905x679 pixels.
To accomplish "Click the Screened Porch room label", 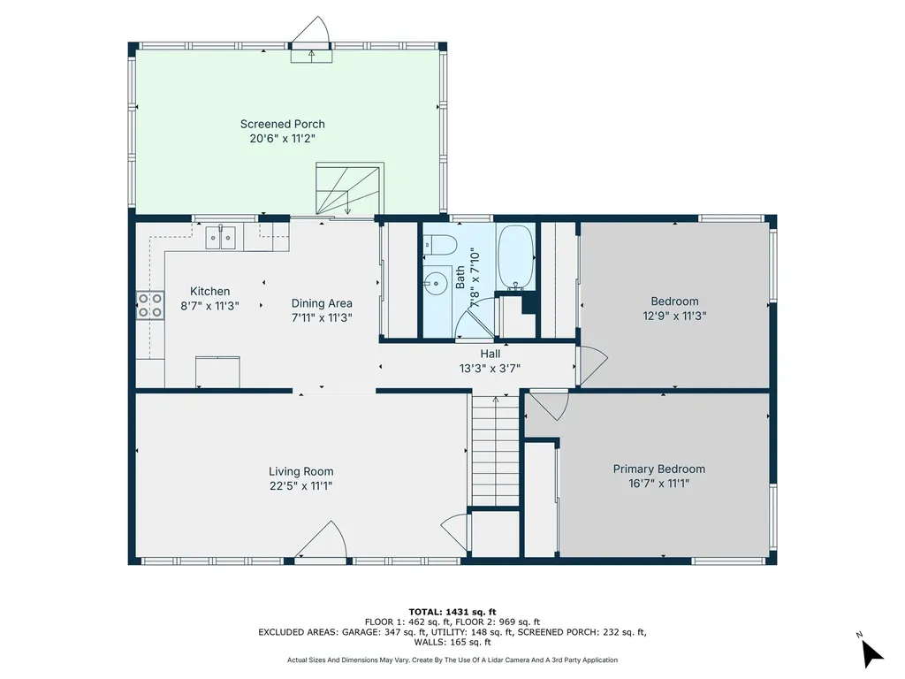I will tap(282, 124).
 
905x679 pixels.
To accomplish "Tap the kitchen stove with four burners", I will tap(149, 305).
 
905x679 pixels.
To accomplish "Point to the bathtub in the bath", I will tap(515, 256).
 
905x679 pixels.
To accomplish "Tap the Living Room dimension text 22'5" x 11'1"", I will tap(300, 486).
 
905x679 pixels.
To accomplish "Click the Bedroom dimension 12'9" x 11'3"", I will tap(674, 316).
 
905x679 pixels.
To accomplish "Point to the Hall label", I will tap(491, 354).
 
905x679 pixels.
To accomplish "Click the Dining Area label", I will tap(322, 303).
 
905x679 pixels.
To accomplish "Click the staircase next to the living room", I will tap(494, 451).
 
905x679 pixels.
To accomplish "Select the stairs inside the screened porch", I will tap(349, 187).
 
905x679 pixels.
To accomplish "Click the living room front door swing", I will tap(322, 539).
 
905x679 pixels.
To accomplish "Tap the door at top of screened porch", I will tap(311, 35).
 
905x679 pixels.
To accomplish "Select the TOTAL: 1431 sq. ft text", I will tap(452, 611).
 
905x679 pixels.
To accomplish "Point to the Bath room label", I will tap(460, 278).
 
